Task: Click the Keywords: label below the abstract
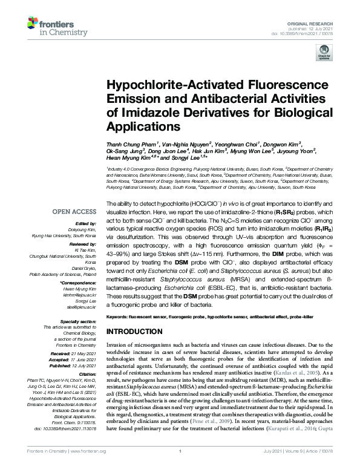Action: [x=122, y=316]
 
